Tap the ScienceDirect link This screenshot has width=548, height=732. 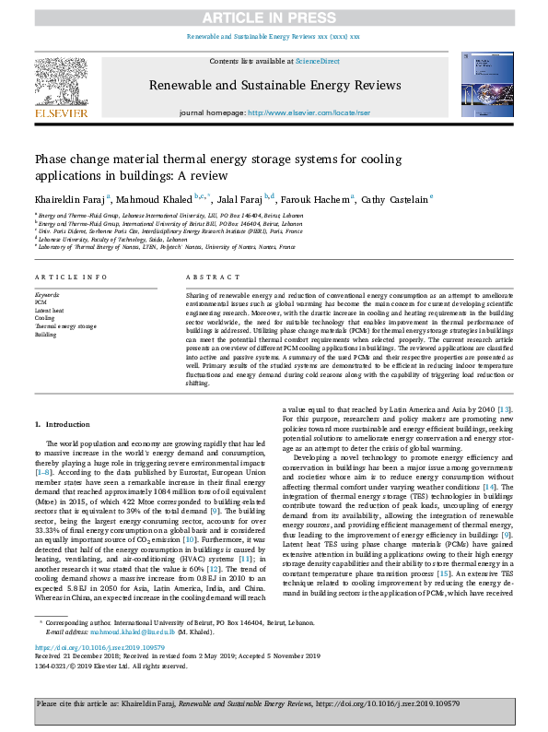coord(316,61)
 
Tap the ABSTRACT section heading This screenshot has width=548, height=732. coord(207,277)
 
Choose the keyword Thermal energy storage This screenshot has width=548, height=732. coord(65,326)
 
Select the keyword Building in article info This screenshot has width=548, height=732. coord(46,335)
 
